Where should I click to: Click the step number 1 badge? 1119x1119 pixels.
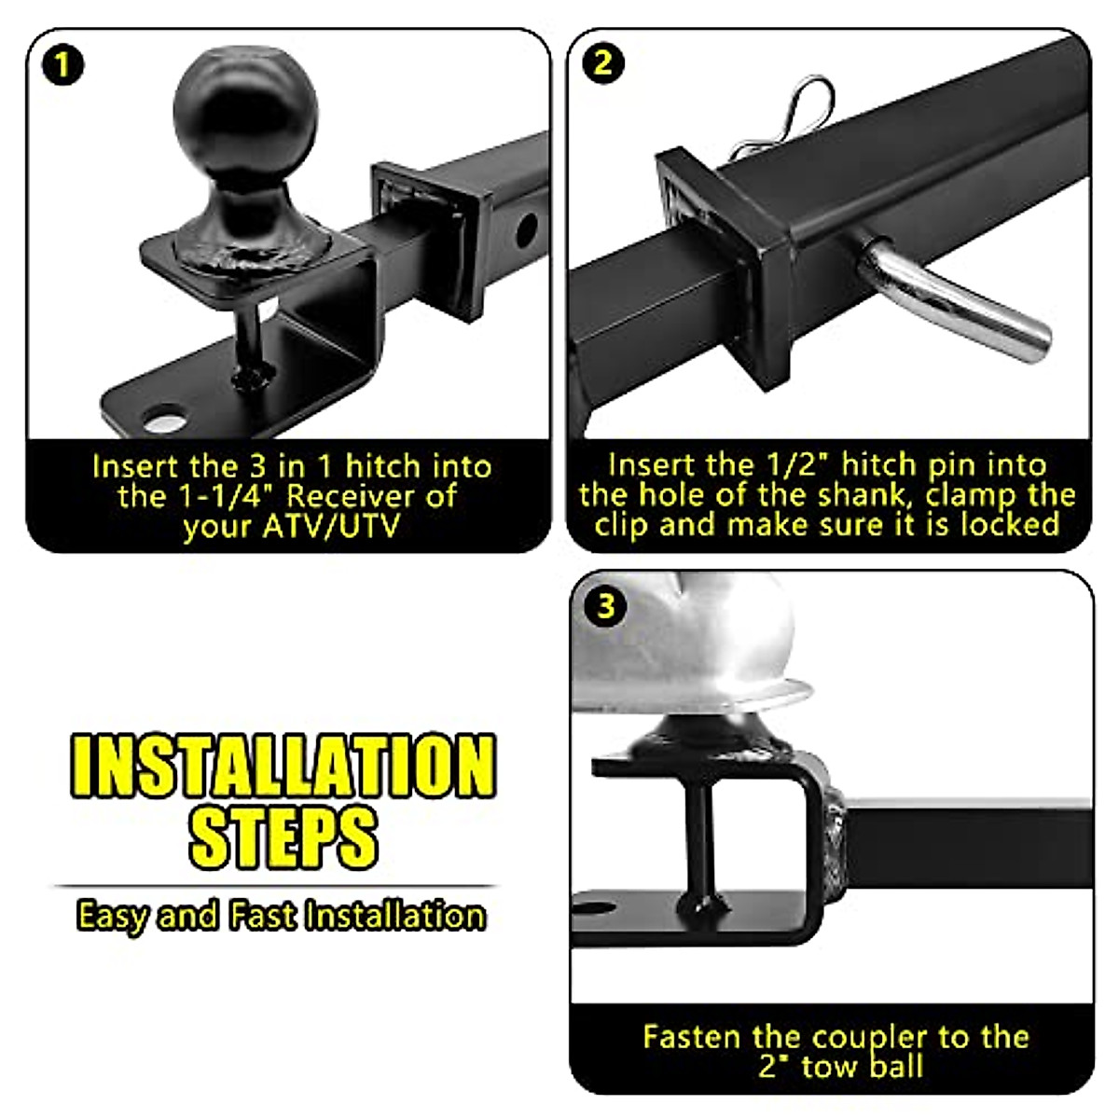[62, 66]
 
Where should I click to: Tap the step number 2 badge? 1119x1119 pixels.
[603, 63]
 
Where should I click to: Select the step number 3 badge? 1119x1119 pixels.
[606, 607]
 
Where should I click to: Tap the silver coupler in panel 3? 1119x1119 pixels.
[685, 643]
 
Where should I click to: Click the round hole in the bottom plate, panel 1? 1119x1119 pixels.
[165, 416]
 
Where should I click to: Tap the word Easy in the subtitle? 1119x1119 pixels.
[111, 916]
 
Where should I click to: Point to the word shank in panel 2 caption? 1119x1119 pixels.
[852, 494]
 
